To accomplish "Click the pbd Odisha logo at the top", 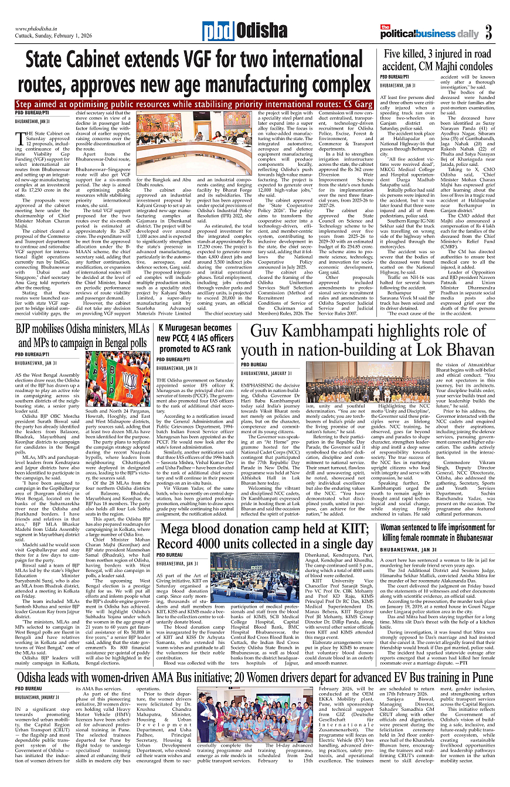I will (x=237, y=31).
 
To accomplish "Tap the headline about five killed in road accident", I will (x=438, y=59).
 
